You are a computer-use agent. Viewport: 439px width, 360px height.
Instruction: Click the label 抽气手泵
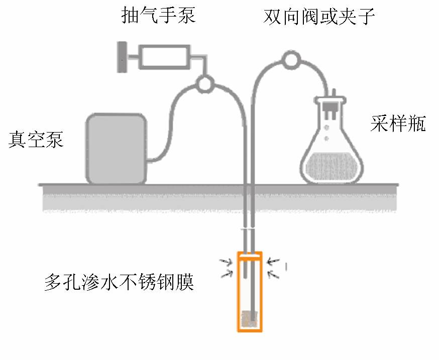pos(159,16)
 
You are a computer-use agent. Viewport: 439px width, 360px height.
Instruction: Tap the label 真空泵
pos(36,139)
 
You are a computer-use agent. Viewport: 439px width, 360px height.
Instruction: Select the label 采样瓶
pos(398,123)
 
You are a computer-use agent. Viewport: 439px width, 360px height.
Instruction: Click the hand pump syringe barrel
pos(164,57)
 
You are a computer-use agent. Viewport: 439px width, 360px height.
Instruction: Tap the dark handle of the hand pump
pos(122,57)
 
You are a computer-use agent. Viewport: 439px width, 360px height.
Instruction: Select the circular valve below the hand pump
pos(204,83)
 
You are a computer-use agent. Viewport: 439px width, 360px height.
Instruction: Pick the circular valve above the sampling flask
pos(290,60)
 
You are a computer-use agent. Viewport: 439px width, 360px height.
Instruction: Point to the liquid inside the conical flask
pos(331,169)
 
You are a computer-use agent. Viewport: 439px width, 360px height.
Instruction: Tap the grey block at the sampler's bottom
pos(250,318)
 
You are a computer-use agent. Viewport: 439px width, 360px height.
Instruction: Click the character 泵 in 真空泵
pos(55,139)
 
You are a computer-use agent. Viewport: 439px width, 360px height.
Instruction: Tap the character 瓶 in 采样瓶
pos(416,123)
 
